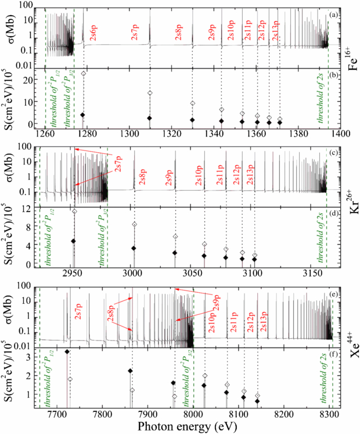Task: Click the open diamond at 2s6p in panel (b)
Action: pyautogui.click(x=83, y=74)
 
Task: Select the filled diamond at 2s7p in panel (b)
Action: pyautogui.click(x=150, y=118)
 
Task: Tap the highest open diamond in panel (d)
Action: pyautogui.click(x=74, y=211)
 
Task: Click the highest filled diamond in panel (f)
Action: pyautogui.click(x=67, y=352)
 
